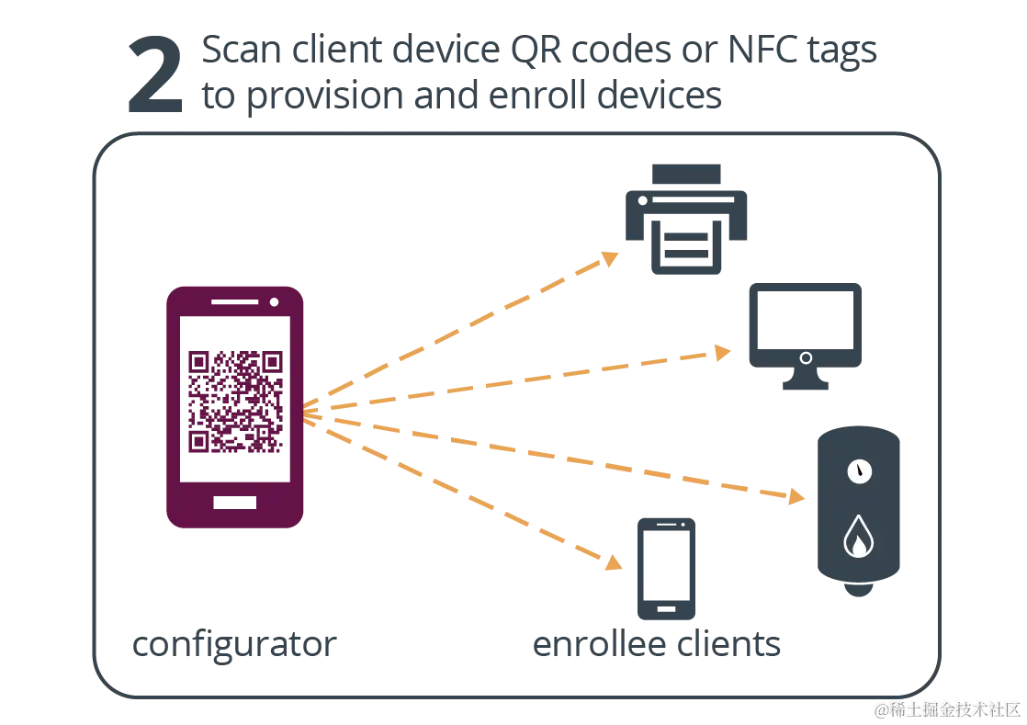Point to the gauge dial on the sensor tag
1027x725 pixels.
[859, 471]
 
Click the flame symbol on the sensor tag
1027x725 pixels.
[858, 537]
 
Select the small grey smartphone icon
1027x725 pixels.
[665, 568]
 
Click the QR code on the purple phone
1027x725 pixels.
[233, 401]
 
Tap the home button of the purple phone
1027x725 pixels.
[234, 503]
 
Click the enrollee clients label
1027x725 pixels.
[656, 645]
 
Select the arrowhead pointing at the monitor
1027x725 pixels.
[723, 352]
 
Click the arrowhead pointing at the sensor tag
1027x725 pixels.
[796, 497]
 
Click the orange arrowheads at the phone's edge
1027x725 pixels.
[312, 413]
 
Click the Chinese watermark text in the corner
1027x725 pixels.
[946, 708]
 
